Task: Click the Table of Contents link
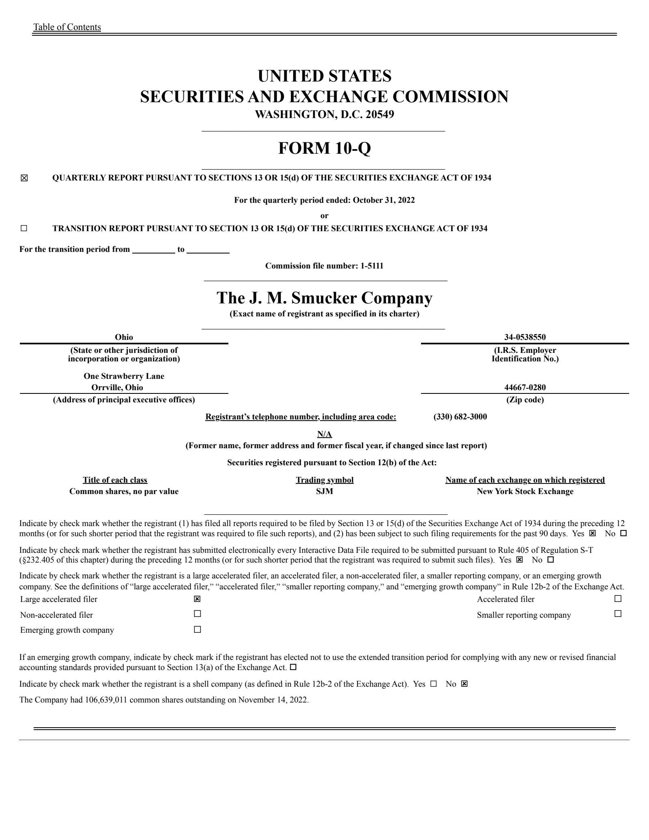[x=67, y=27]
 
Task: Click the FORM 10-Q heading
[x=324, y=148]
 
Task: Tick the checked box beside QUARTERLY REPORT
[x=24, y=178]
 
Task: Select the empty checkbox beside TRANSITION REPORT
[x=24, y=228]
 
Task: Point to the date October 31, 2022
[x=384, y=200]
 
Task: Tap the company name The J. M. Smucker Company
[x=324, y=298]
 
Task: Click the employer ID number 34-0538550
[x=525, y=337]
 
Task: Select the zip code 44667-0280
[x=525, y=387]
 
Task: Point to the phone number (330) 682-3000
[x=460, y=417]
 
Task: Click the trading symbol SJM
[x=324, y=492]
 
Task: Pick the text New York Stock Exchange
[x=525, y=492]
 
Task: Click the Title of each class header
[x=115, y=480]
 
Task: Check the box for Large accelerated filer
[x=197, y=599]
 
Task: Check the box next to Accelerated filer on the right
[x=618, y=598]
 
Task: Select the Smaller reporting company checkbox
[x=618, y=614]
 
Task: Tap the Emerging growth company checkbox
[x=197, y=629]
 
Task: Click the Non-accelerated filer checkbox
[x=197, y=614]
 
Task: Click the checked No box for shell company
[x=464, y=684]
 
